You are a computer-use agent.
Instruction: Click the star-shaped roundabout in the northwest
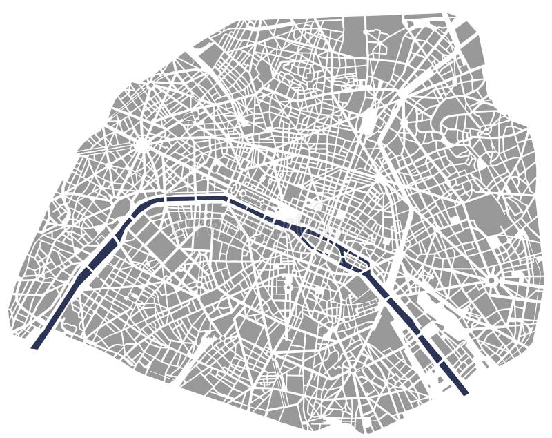pyautogui.click(x=141, y=145)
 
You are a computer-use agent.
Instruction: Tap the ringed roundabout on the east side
pyautogui.click(x=491, y=280)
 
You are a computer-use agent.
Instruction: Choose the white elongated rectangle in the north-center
pyautogui.click(x=370, y=122)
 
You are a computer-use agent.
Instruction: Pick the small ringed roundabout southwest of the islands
pyautogui.click(x=289, y=283)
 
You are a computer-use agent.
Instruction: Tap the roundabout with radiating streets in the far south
pyautogui.click(x=352, y=370)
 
